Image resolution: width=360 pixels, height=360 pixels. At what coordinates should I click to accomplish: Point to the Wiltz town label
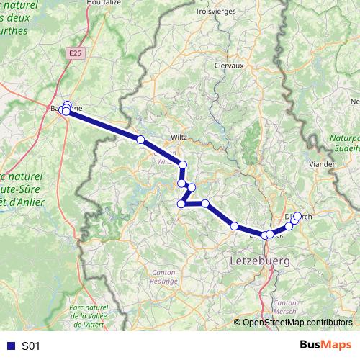pyautogui.click(x=179, y=136)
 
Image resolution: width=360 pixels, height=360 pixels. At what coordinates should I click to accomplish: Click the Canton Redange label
pyautogui.click(x=164, y=276)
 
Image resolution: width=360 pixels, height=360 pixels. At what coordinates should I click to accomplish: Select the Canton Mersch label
pyautogui.click(x=285, y=308)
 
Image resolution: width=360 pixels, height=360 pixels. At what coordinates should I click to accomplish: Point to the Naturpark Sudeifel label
pyautogui.click(x=344, y=142)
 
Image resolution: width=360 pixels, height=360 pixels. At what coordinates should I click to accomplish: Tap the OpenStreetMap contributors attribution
pyautogui.click(x=297, y=323)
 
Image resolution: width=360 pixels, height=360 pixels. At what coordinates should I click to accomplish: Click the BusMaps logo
pyautogui.click(x=325, y=346)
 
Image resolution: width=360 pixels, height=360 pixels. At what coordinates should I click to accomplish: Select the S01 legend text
pyautogui.click(x=32, y=346)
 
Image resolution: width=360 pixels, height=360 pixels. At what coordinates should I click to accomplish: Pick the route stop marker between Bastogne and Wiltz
pyautogui.click(x=140, y=139)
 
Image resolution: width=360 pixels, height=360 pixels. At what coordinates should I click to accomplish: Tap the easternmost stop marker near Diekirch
pyautogui.click(x=297, y=216)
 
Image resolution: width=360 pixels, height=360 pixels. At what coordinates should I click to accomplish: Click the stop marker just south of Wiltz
pyautogui.click(x=183, y=165)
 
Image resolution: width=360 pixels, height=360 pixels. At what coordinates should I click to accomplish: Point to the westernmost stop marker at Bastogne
pyautogui.click(x=65, y=110)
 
